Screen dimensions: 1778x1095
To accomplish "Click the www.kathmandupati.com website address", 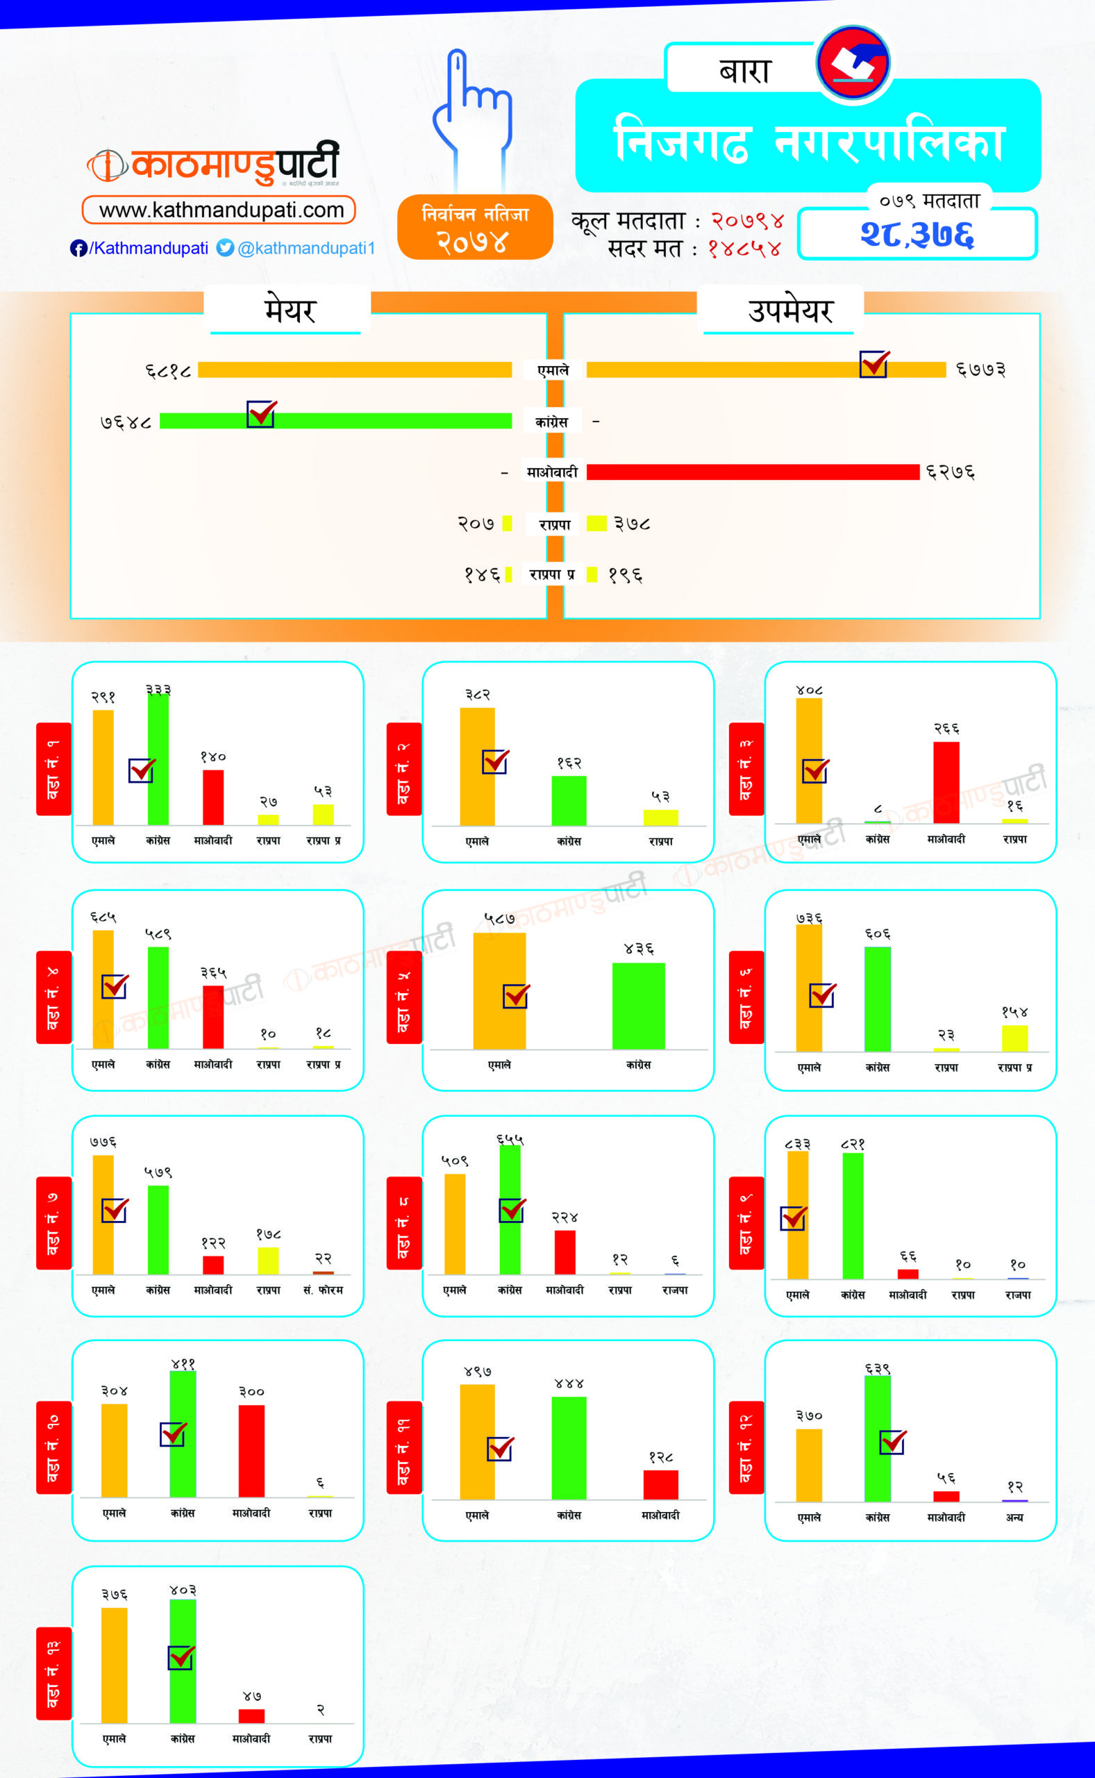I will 221,210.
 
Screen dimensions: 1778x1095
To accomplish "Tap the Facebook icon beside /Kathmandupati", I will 78,249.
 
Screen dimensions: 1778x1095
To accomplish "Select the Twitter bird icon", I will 225,248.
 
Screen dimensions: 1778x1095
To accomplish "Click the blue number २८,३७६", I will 917,234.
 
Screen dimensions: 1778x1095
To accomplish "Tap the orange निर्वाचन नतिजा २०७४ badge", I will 475,226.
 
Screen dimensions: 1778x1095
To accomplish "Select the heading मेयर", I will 290,310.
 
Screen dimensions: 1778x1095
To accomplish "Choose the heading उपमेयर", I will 790,310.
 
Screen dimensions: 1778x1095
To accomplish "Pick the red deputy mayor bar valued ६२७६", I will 753,472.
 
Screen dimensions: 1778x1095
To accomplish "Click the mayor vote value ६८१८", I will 168,371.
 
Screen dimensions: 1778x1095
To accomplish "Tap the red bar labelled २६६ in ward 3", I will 946,782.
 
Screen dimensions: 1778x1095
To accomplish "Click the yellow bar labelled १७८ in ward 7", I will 268,1261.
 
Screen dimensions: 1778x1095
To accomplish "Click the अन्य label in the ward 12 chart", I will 1014,1518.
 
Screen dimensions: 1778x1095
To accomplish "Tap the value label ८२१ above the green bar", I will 853,1145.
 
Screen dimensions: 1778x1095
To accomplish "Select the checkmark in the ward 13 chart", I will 181,1658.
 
